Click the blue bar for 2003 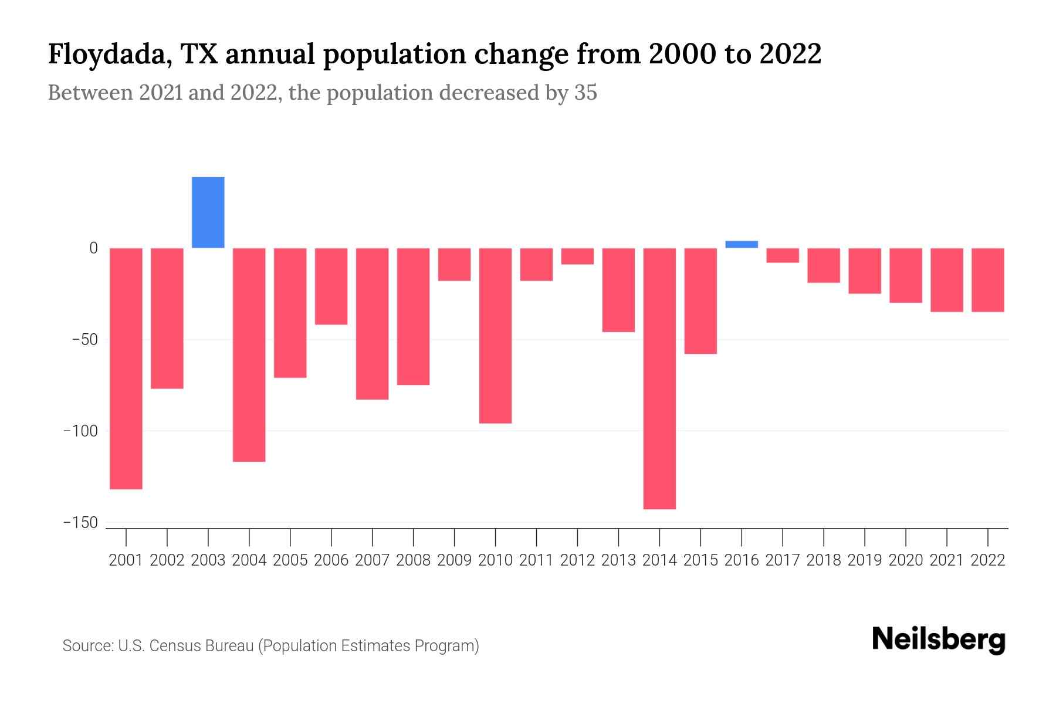[x=208, y=212]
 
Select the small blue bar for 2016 [x=742, y=245]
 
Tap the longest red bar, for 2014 [x=659, y=378]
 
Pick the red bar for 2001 [x=126, y=368]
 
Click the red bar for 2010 [x=495, y=336]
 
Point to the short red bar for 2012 [x=577, y=256]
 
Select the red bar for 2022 [x=988, y=280]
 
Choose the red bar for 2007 [x=372, y=324]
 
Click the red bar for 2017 [x=783, y=255]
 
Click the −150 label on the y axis [x=81, y=523]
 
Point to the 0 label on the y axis [x=93, y=248]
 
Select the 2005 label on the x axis [x=290, y=560]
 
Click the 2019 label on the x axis [x=865, y=560]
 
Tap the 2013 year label [x=618, y=560]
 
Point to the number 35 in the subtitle [x=585, y=93]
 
